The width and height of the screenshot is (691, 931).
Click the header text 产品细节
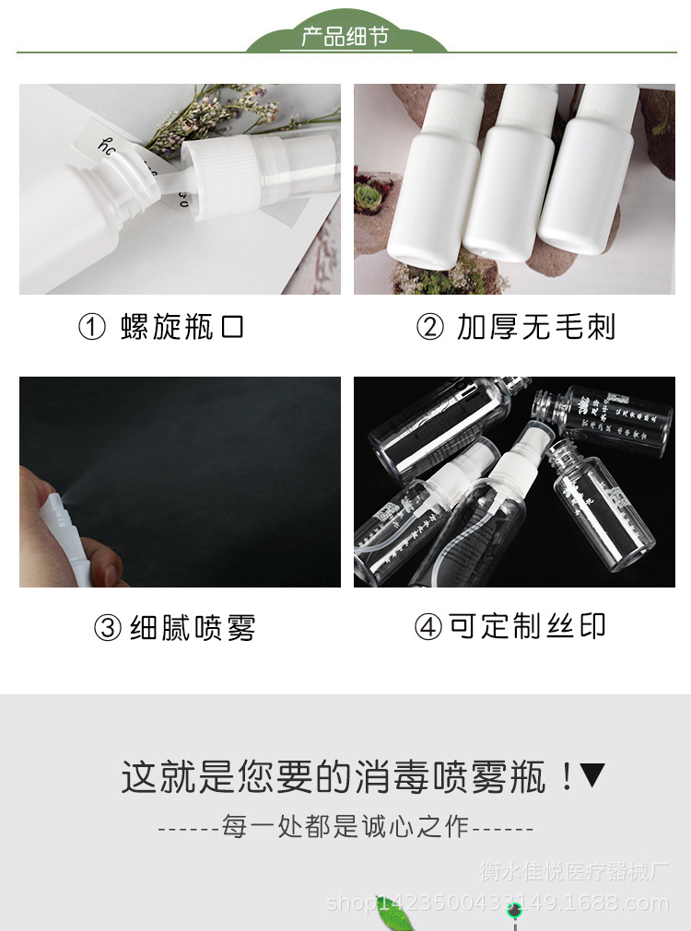click(345, 37)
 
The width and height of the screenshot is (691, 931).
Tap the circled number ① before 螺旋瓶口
click(92, 328)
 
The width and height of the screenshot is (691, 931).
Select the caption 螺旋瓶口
click(182, 328)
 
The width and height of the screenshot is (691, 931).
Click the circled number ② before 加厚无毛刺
click(429, 328)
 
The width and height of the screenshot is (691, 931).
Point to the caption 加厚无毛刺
click(536, 328)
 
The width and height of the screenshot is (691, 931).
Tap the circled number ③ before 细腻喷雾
click(108, 628)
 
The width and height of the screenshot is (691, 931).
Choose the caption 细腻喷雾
click(192, 628)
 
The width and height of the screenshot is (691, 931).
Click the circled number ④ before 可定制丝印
click(427, 627)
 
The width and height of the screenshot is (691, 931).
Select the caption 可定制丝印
click(528, 626)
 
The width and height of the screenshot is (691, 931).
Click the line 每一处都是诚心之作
click(345, 826)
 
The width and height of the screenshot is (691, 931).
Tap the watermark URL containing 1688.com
click(498, 903)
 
